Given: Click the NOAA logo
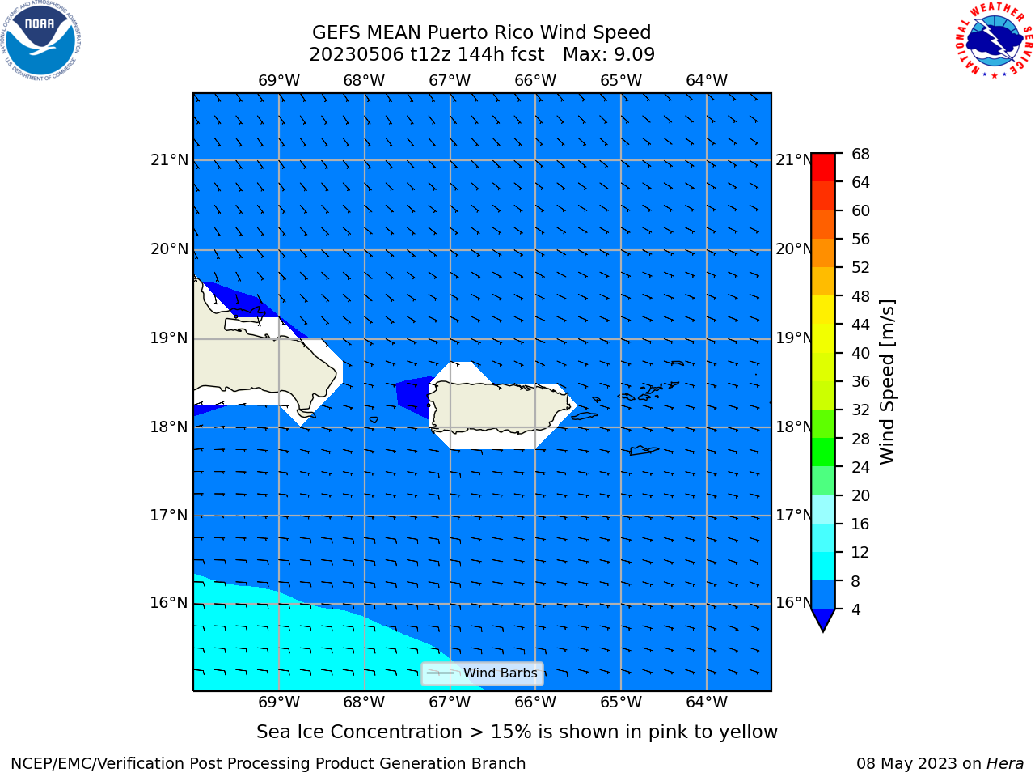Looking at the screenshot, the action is click(41, 40).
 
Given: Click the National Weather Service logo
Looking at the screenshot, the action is click(994, 40).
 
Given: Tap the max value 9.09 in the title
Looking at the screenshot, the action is click(632, 54).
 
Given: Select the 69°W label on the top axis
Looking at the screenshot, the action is click(279, 80).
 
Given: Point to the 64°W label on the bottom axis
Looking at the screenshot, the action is click(707, 702).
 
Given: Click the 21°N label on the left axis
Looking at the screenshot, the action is click(169, 160).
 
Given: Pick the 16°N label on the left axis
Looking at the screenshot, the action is click(169, 603).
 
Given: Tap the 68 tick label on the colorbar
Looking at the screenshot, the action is click(860, 155).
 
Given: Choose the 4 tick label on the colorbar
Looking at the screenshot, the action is click(855, 609).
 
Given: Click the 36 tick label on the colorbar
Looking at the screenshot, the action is click(860, 381).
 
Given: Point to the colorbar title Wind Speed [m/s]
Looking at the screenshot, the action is click(887, 382).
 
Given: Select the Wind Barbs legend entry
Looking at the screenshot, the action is click(483, 673).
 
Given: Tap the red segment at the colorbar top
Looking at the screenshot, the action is click(823, 168).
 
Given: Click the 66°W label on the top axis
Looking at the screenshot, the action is click(535, 80).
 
